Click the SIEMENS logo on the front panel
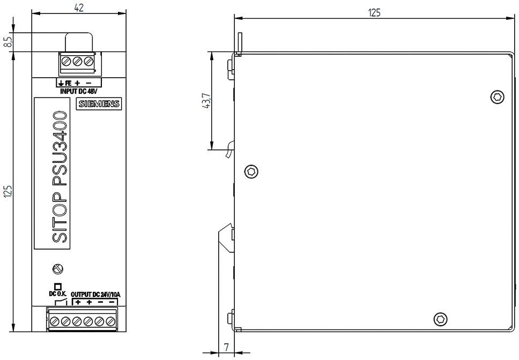[99, 104]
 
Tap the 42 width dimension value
[79, 7]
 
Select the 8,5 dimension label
[8, 42]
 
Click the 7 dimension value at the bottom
[226, 348]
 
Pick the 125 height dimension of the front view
[8, 192]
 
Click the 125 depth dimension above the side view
[374, 12]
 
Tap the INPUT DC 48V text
[79, 91]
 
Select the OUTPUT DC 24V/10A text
[96, 294]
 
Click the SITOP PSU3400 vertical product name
[60, 177]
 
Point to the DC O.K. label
[57, 294]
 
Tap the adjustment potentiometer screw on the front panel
[58, 268]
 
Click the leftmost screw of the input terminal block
[66, 62]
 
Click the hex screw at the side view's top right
[497, 97]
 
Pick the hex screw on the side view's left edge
[251, 171]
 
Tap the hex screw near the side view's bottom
[440, 319]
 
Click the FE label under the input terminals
[69, 84]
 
